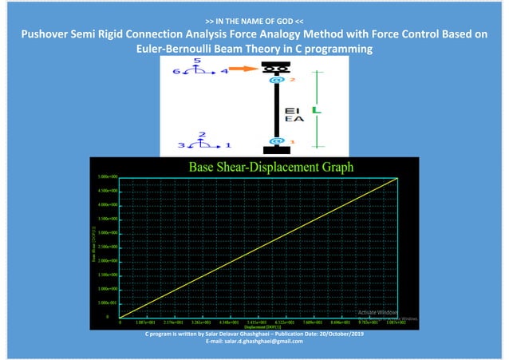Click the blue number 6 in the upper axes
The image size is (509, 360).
(176, 72)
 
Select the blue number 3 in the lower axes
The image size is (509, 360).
(181, 145)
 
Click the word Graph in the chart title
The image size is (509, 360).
(333, 168)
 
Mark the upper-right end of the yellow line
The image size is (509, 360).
(397, 179)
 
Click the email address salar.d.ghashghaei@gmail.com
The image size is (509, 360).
(254, 342)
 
